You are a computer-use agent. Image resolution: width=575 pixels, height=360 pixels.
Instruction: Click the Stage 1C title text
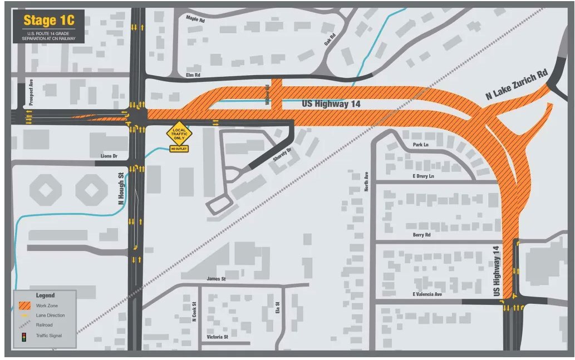click(x=48, y=22)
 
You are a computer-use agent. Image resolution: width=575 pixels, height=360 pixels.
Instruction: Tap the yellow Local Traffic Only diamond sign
click(x=179, y=134)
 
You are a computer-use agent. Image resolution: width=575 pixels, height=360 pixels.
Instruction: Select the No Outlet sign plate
click(x=179, y=149)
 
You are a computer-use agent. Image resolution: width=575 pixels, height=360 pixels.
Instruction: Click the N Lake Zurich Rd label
click(x=517, y=85)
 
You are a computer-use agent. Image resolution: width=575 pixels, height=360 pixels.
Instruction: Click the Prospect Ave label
click(x=32, y=92)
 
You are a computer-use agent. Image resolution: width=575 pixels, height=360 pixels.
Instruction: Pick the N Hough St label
click(x=121, y=189)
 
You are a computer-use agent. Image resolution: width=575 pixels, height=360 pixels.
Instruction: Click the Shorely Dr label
click(x=282, y=155)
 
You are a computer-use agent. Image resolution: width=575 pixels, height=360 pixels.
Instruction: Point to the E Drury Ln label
click(x=422, y=176)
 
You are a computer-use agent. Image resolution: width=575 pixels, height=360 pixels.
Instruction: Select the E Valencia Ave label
click(x=427, y=294)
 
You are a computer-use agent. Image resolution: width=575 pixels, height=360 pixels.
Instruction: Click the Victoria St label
click(x=217, y=337)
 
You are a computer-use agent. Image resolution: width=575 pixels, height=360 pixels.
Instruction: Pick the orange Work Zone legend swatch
click(x=24, y=305)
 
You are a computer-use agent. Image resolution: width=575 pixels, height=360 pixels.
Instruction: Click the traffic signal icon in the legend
click(x=24, y=337)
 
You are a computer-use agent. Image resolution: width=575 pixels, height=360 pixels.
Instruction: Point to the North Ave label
click(x=366, y=181)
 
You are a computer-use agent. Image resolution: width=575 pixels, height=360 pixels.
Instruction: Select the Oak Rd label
click(x=328, y=39)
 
